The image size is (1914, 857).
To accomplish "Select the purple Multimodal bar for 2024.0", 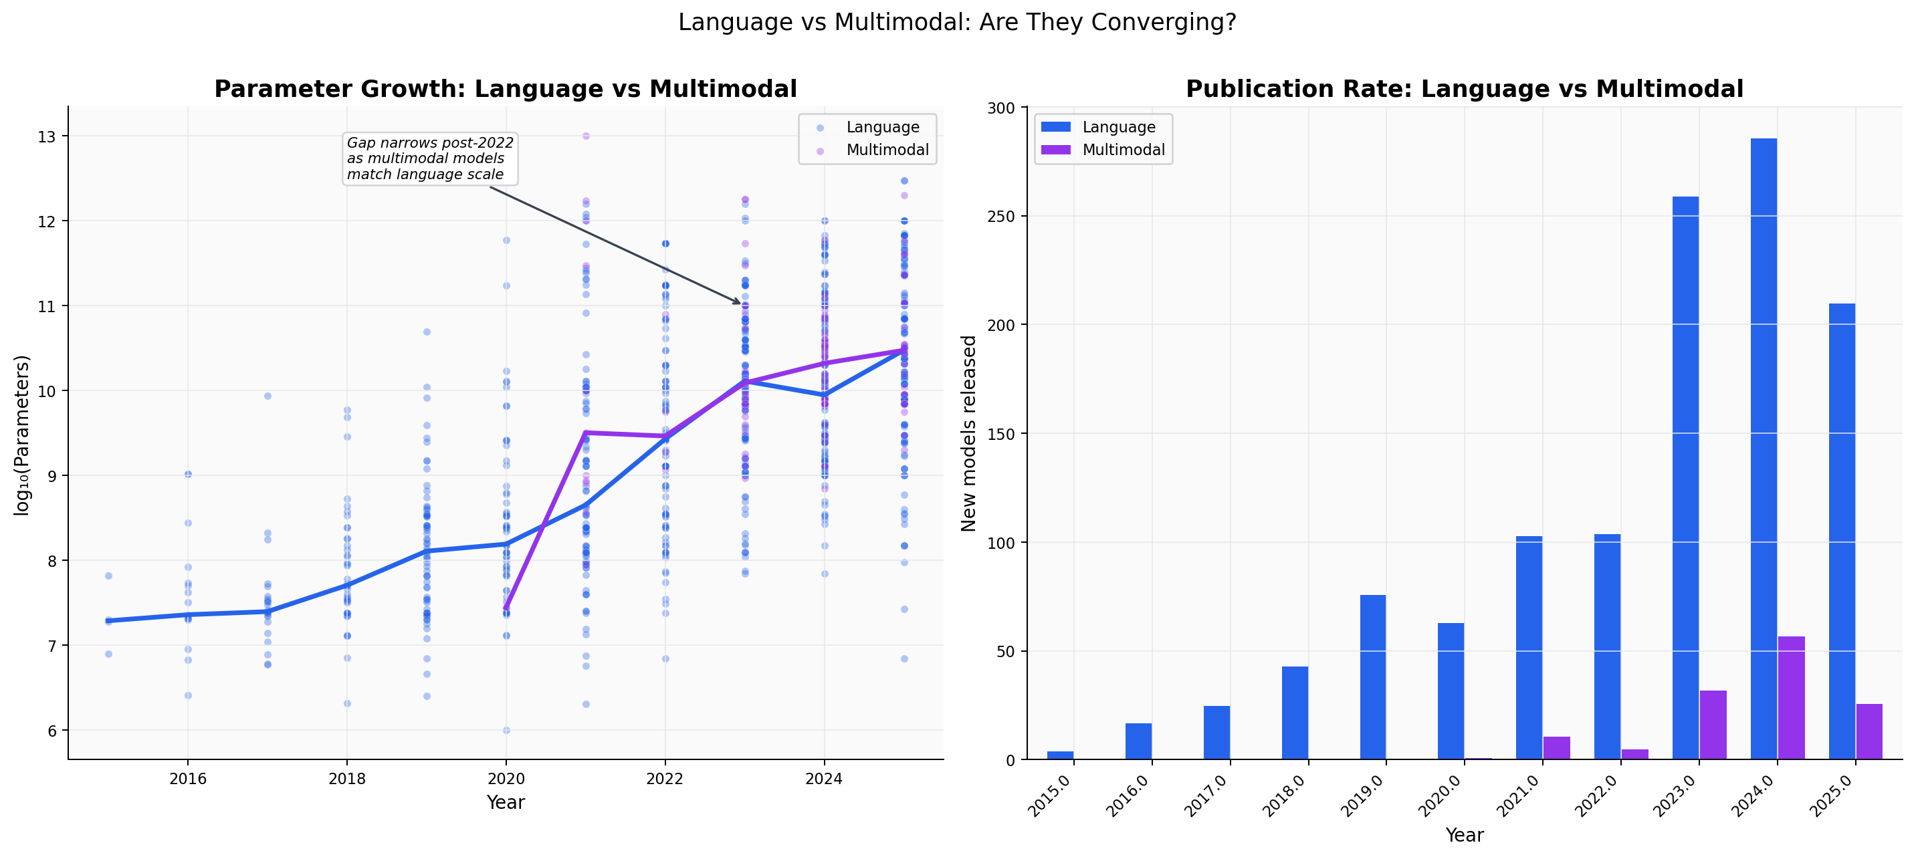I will (1791, 697).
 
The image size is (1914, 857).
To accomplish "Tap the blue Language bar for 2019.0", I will (1372, 677).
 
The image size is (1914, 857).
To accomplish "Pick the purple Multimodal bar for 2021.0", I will (1557, 747).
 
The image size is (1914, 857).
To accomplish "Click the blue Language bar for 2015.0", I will (1059, 755).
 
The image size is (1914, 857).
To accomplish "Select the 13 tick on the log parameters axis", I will (47, 136).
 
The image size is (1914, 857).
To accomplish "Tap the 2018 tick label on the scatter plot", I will (347, 778).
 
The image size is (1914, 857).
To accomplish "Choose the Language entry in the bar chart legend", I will (1118, 127).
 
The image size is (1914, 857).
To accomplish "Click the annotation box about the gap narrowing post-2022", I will (429, 158).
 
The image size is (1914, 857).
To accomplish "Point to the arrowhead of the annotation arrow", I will (738, 302).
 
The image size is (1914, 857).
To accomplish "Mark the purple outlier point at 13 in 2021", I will (585, 136).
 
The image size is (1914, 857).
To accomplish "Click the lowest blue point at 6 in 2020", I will (506, 730).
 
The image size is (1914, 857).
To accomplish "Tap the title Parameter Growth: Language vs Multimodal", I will (505, 89).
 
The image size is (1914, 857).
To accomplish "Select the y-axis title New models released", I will (968, 433).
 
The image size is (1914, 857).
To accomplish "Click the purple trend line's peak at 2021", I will (585, 433).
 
